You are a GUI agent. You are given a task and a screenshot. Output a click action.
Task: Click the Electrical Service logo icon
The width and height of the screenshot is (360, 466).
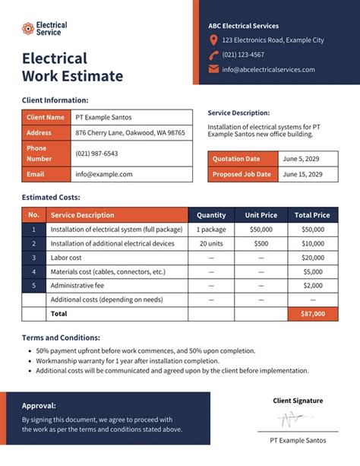pyautogui.click(x=27, y=29)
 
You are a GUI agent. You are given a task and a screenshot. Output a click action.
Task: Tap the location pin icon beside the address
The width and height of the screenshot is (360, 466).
pyautogui.click(x=213, y=40)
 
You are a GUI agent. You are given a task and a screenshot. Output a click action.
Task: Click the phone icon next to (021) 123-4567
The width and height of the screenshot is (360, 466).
pyautogui.click(x=213, y=55)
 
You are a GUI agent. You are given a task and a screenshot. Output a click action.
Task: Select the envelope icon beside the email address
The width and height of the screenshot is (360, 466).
pyautogui.click(x=213, y=69)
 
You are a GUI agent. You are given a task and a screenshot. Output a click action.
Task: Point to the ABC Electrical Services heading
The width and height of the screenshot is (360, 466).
pyautogui.click(x=243, y=26)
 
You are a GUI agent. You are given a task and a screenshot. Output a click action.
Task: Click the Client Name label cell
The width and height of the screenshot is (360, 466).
pyautogui.click(x=46, y=117)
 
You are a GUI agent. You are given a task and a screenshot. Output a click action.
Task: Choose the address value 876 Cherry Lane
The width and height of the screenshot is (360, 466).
pyautogui.click(x=130, y=132)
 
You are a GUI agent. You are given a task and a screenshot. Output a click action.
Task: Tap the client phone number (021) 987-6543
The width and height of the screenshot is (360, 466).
pyautogui.click(x=96, y=153)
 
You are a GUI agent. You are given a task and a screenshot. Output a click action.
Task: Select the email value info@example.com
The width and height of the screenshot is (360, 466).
pyautogui.click(x=104, y=174)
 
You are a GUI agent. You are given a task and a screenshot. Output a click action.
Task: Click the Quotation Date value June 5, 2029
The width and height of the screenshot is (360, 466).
pyautogui.click(x=301, y=159)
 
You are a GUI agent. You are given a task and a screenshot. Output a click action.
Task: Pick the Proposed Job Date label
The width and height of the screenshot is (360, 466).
pyautogui.click(x=242, y=174)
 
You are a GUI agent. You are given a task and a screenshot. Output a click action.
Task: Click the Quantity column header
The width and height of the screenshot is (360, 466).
pyautogui.click(x=211, y=215)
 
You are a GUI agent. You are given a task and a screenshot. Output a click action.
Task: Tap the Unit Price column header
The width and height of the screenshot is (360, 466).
pyautogui.click(x=261, y=215)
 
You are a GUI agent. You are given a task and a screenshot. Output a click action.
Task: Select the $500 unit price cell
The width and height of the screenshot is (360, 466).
pyautogui.click(x=261, y=243)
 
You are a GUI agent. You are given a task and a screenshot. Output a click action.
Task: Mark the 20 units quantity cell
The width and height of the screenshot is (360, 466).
pyautogui.click(x=211, y=243)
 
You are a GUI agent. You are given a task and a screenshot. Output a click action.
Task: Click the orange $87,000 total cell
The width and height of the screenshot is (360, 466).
pyautogui.click(x=312, y=313)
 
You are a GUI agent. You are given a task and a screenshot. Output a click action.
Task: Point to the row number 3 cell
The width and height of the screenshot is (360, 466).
pyautogui.click(x=33, y=258)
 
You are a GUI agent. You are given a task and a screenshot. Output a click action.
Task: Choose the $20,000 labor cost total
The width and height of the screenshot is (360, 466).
pyautogui.click(x=312, y=258)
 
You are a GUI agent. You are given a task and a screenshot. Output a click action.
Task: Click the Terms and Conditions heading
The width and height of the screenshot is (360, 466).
pyautogui.click(x=61, y=338)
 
